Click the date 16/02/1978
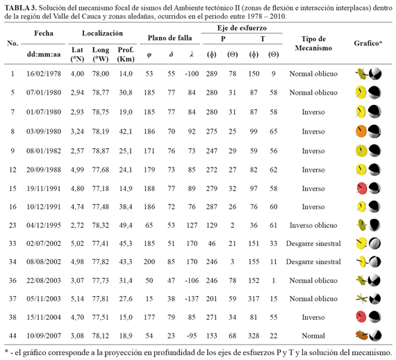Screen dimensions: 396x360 pos(44,74)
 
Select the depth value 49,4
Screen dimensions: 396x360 pos(126,225)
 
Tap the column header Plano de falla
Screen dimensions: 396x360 pos(170,38)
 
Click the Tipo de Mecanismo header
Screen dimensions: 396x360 pos(313,43)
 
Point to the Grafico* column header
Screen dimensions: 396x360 pos(368,43)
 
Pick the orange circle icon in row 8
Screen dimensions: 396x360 pos(361,131)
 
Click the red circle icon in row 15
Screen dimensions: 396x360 pos(361,188)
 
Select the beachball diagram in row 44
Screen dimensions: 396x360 pos(375,336)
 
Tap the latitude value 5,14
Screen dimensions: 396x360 pos(77,299)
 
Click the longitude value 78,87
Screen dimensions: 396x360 pos(101,151)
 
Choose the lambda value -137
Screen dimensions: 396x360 pos(192,299)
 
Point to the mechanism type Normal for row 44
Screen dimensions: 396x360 pos(313,336)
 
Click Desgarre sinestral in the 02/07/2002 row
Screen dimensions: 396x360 pos(313,243)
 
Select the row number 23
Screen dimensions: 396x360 pos(13,225)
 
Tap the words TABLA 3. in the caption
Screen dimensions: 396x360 pos(21,8)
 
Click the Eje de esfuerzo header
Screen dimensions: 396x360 pos(242,28)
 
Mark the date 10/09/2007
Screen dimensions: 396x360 pos(44,336)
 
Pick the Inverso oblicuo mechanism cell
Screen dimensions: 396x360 pos(313,225)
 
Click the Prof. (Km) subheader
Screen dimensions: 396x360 pos(126,54)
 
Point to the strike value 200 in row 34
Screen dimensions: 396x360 pos(149,262)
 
